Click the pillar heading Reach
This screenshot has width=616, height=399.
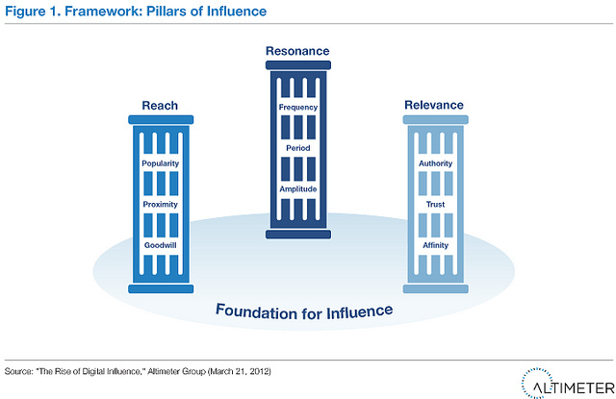click(159, 104)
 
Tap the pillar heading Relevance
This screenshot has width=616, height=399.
click(434, 104)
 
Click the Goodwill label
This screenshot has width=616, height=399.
click(159, 244)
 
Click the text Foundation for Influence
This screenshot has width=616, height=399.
click(304, 311)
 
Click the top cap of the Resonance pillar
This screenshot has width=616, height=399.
click(296, 63)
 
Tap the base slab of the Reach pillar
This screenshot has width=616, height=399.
click(159, 287)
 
